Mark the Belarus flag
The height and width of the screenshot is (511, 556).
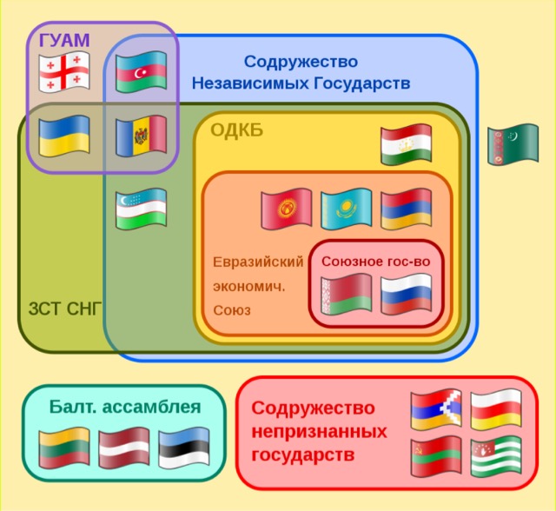pos(346,295)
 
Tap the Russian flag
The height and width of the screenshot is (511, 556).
pos(406,295)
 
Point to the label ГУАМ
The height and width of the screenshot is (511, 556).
pos(64,39)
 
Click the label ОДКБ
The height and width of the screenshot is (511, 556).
pos(236,130)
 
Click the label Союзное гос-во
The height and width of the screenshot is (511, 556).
pos(375,261)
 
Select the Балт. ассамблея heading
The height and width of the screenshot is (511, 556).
pos(125,406)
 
